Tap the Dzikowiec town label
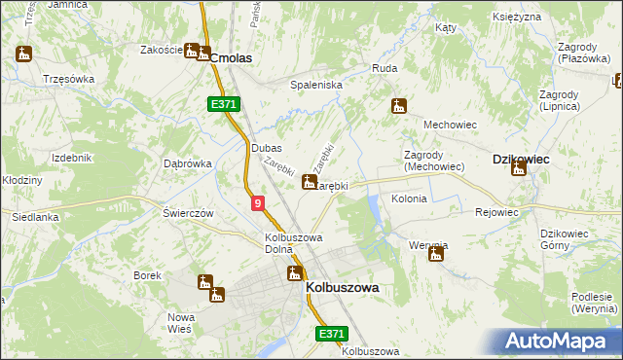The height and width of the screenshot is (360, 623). tap(522, 159)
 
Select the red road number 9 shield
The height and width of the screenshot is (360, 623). tap(257, 203)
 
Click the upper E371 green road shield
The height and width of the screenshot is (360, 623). tap(223, 103)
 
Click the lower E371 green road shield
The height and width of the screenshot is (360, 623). tap(331, 334)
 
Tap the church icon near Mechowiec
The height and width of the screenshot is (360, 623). tap(397, 106)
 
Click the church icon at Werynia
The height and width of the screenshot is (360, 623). tap(436, 255)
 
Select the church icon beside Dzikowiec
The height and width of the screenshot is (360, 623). tap(519, 169)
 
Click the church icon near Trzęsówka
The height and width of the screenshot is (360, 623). tap(24, 54)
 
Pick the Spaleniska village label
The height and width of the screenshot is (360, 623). tap(316, 86)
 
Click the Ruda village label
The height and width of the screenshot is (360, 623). tap(383, 69)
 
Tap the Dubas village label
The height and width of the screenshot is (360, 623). tap(266, 148)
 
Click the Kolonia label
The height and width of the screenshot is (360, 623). tap(409, 198)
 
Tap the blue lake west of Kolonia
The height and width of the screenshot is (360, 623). tap(373, 205)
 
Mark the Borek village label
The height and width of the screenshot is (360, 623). tap(147, 275)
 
